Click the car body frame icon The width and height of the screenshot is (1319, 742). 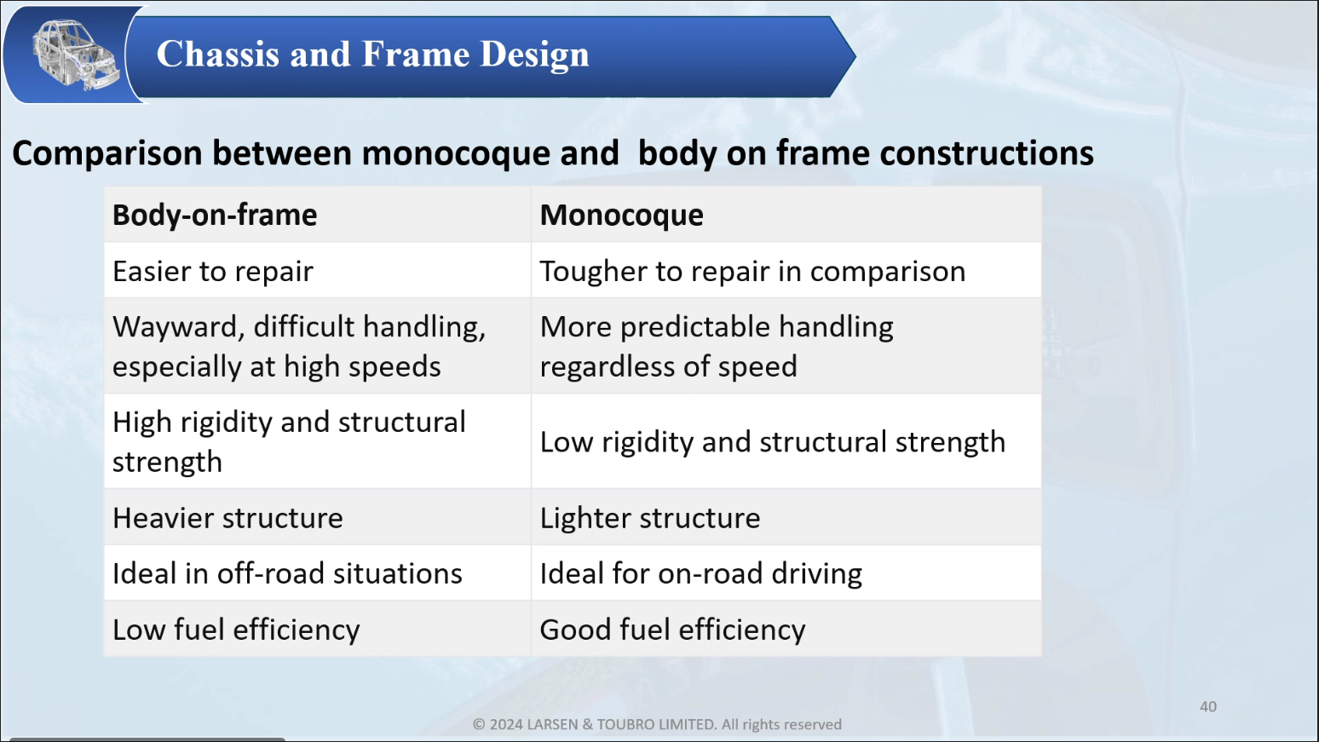[x=75, y=55]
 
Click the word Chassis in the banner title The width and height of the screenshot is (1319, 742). [x=218, y=55]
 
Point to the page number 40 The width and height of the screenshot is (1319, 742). [x=1208, y=706]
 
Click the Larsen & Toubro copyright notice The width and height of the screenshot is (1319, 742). [x=657, y=724]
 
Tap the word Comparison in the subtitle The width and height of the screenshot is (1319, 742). [x=107, y=153]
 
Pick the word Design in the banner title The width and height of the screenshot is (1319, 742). [x=534, y=55]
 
